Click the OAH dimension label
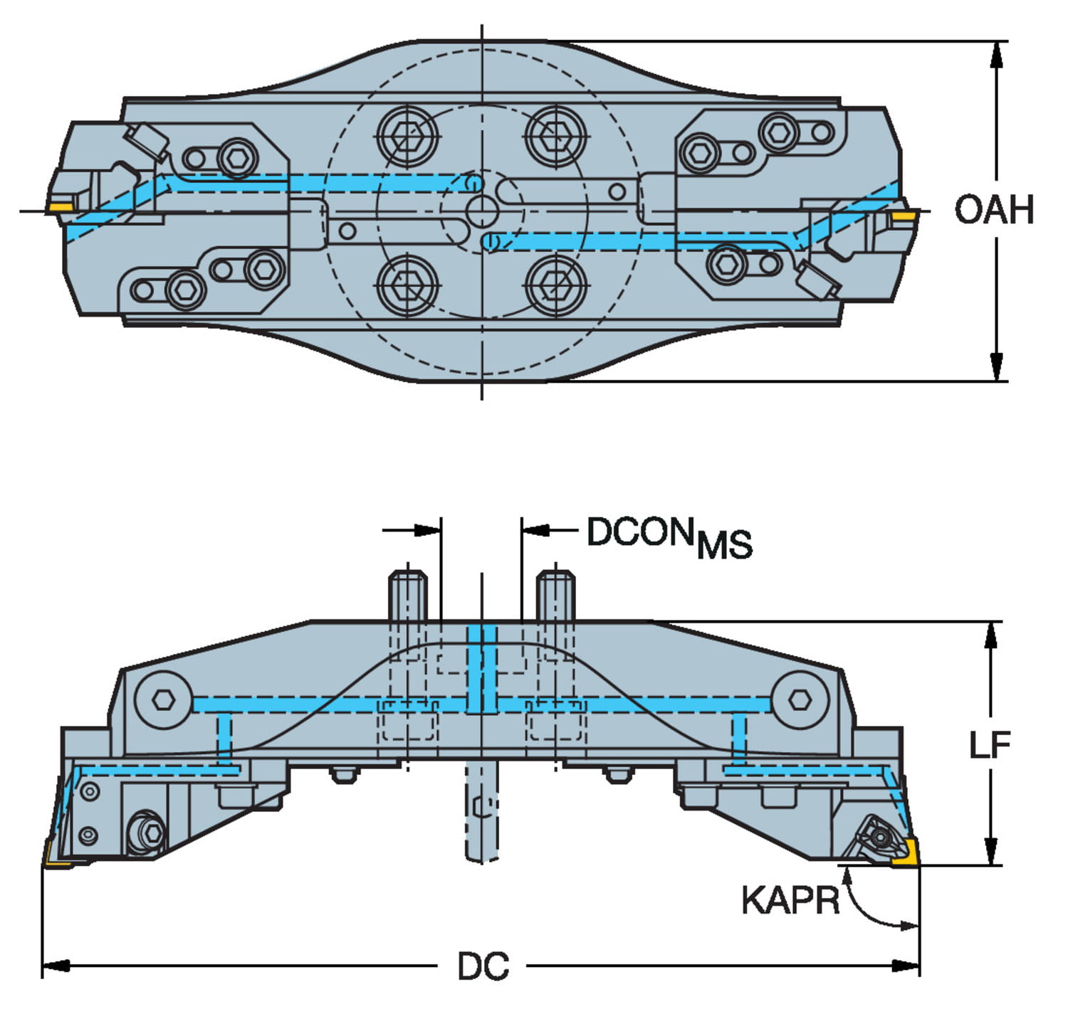(994, 210)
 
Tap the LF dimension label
(990, 745)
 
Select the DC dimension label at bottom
(483, 967)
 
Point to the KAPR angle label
(790, 900)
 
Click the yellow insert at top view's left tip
(60, 207)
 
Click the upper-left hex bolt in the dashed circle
(407, 134)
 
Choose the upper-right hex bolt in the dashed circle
(556, 134)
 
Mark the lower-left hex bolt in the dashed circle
(407, 285)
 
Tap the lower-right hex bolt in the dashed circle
(556, 285)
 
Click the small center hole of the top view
(483, 211)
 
